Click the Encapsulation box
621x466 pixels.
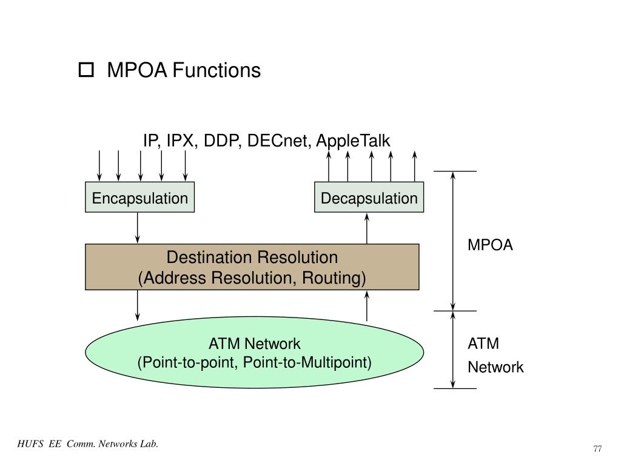tap(139, 198)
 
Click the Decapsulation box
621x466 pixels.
tap(369, 198)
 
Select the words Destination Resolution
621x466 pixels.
tap(252, 258)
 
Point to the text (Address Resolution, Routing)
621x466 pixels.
tap(252, 278)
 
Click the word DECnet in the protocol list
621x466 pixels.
tap(279, 141)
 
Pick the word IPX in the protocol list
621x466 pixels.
tap(182, 141)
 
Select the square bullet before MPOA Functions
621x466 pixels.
tap(86, 71)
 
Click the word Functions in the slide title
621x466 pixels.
tap(217, 70)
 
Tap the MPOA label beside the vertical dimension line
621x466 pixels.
tap(490, 245)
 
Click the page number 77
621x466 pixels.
tap(597, 448)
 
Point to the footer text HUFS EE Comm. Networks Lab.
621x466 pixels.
tap(88, 444)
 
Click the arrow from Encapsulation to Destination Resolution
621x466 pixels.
tap(138, 228)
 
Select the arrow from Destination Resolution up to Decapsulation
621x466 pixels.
tap(367, 228)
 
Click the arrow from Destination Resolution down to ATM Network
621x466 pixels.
tap(138, 305)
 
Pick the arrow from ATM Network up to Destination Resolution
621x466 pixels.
tap(367, 305)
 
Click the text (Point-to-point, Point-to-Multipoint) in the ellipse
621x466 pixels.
tap(254, 362)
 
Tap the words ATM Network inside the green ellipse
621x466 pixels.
tap(254, 344)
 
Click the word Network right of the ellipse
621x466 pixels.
tap(495, 367)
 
